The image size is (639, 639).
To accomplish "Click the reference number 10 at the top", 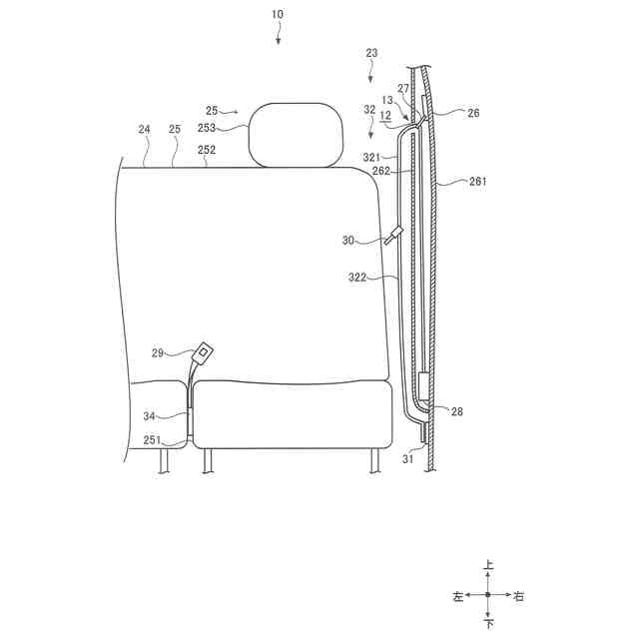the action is click(278, 14).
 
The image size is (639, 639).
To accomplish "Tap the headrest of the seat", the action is click(296, 135).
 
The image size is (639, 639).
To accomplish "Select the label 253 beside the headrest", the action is click(207, 128).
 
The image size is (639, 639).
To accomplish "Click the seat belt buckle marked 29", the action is click(203, 353).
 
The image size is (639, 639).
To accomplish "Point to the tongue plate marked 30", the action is click(392, 236).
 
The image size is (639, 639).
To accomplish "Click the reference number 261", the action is click(477, 181).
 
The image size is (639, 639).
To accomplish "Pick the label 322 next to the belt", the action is click(357, 278).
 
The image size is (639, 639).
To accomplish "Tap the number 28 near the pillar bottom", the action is click(457, 411).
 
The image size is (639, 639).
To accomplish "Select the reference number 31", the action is click(408, 459).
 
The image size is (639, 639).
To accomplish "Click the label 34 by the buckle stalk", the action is click(149, 416).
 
